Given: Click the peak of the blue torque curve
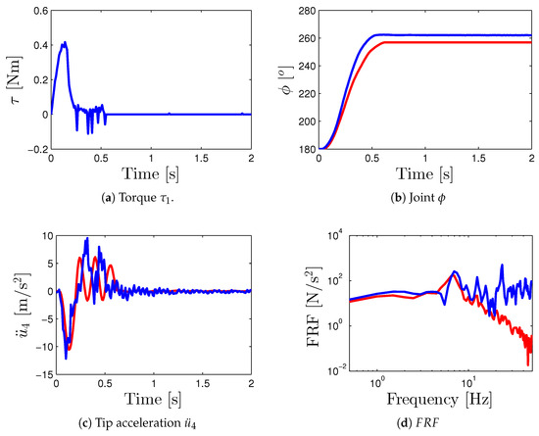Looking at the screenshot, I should [65, 42].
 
